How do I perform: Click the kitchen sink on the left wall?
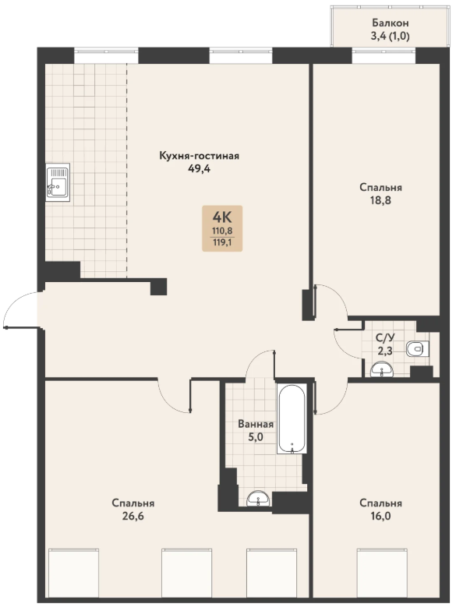point(58,182)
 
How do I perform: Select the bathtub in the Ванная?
point(292,418)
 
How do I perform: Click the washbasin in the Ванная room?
point(259,498)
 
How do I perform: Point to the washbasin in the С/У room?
point(382,369)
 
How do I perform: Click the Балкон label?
point(391,23)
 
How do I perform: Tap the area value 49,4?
point(199,169)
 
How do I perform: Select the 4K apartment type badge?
point(222,228)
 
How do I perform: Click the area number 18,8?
point(380,200)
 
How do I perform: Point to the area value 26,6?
point(133,516)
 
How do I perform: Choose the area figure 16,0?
point(380,516)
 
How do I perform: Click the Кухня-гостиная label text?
point(200,156)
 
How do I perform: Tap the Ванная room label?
point(256,425)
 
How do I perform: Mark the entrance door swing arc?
point(14,302)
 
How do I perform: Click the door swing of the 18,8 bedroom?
point(338,295)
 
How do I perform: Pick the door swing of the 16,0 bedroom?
point(338,404)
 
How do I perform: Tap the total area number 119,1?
point(222,244)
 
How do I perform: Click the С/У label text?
point(385,337)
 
